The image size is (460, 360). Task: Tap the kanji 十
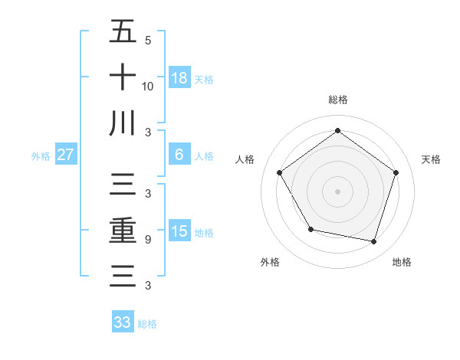click(123, 77)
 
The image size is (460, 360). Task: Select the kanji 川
click(123, 123)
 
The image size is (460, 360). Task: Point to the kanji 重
click(123, 231)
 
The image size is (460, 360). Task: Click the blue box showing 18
click(179, 78)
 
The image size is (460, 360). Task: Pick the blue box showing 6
click(179, 155)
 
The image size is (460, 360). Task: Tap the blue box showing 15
click(179, 231)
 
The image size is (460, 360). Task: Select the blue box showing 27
click(66, 155)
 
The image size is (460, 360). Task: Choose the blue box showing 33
click(123, 322)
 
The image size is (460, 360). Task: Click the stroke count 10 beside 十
click(147, 87)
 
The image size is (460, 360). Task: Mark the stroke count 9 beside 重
click(147, 240)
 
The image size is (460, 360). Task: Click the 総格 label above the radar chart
click(338, 100)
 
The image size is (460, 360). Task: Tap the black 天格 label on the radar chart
click(432, 159)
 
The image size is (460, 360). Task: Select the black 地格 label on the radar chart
click(402, 262)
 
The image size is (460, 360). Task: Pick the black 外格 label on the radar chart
click(270, 262)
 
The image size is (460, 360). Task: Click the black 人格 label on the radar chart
click(245, 159)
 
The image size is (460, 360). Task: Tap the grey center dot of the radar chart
click(338, 191)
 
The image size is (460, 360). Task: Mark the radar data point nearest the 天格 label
click(396, 172)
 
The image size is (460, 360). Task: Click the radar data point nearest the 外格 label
click(310, 229)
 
